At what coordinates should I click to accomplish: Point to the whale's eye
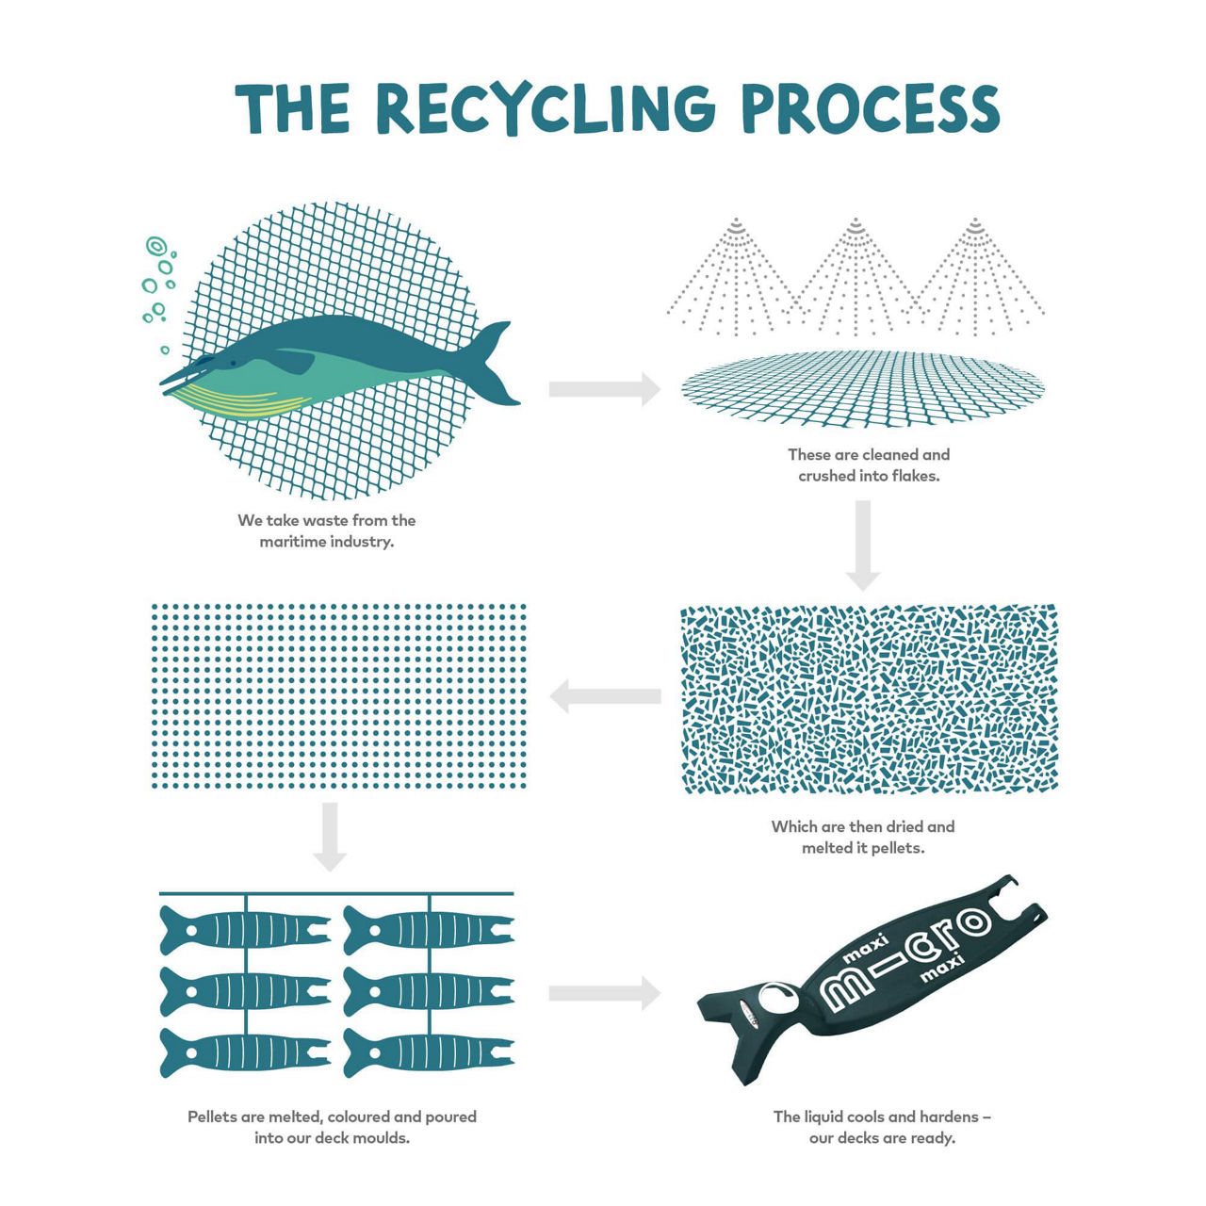click(x=233, y=363)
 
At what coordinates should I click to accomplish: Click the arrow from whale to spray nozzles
click(x=604, y=389)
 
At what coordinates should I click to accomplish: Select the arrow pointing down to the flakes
click(x=863, y=546)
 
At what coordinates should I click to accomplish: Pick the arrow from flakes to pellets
click(x=605, y=696)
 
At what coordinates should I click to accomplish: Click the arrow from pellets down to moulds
click(x=330, y=836)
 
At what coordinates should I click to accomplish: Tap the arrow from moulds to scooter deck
click(x=604, y=993)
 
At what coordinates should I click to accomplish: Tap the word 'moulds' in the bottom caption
click(x=383, y=1138)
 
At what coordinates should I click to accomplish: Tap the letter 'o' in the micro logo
click(x=972, y=923)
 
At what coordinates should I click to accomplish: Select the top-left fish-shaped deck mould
click(x=245, y=930)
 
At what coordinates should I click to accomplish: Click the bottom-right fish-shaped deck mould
click(x=428, y=1052)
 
